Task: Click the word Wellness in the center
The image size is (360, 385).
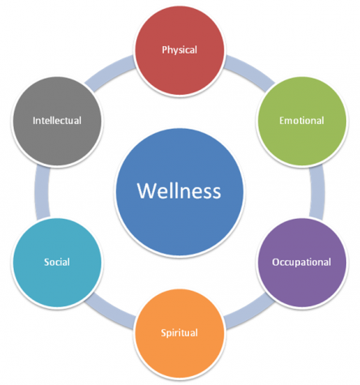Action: (179, 190)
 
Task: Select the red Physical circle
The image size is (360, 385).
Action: (180, 50)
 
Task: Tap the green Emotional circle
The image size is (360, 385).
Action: (302, 121)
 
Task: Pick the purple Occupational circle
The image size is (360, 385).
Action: (302, 263)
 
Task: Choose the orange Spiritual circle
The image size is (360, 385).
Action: (180, 333)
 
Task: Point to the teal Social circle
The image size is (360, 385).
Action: (57, 263)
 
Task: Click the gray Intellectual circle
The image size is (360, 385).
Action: (57, 121)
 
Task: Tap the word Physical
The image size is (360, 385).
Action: (179, 50)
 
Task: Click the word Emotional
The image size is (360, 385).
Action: (302, 121)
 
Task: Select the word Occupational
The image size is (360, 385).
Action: (302, 263)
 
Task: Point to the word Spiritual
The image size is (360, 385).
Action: (179, 333)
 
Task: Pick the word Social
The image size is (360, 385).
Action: (57, 262)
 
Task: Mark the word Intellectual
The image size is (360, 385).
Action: (57, 121)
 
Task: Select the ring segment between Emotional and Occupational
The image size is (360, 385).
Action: (317, 192)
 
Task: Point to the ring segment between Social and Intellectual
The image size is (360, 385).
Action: (42, 192)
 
